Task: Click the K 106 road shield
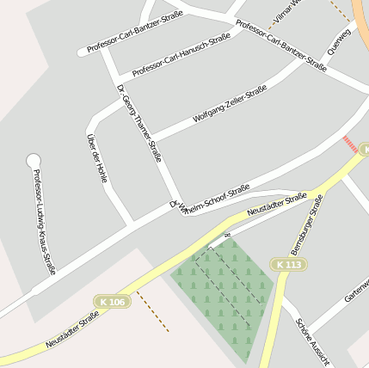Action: tap(112, 302)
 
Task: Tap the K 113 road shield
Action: tap(290, 265)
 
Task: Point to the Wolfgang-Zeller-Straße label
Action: tap(230, 104)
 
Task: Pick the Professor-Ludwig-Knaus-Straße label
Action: tap(44, 222)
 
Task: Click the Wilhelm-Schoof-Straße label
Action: tap(212, 196)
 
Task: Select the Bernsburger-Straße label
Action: tap(306, 224)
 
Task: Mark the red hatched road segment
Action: tap(350, 144)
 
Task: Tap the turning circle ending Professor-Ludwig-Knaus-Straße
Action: tap(34, 160)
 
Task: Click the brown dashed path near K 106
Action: tap(153, 310)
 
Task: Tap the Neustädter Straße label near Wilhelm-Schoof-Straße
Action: tap(276, 205)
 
